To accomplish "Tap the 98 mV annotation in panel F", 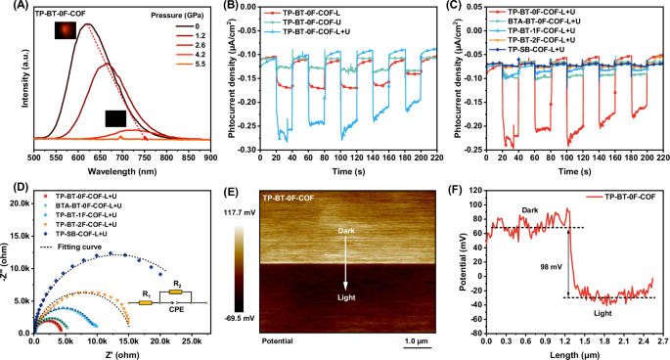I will (556, 264).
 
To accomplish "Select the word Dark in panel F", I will (528, 209).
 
